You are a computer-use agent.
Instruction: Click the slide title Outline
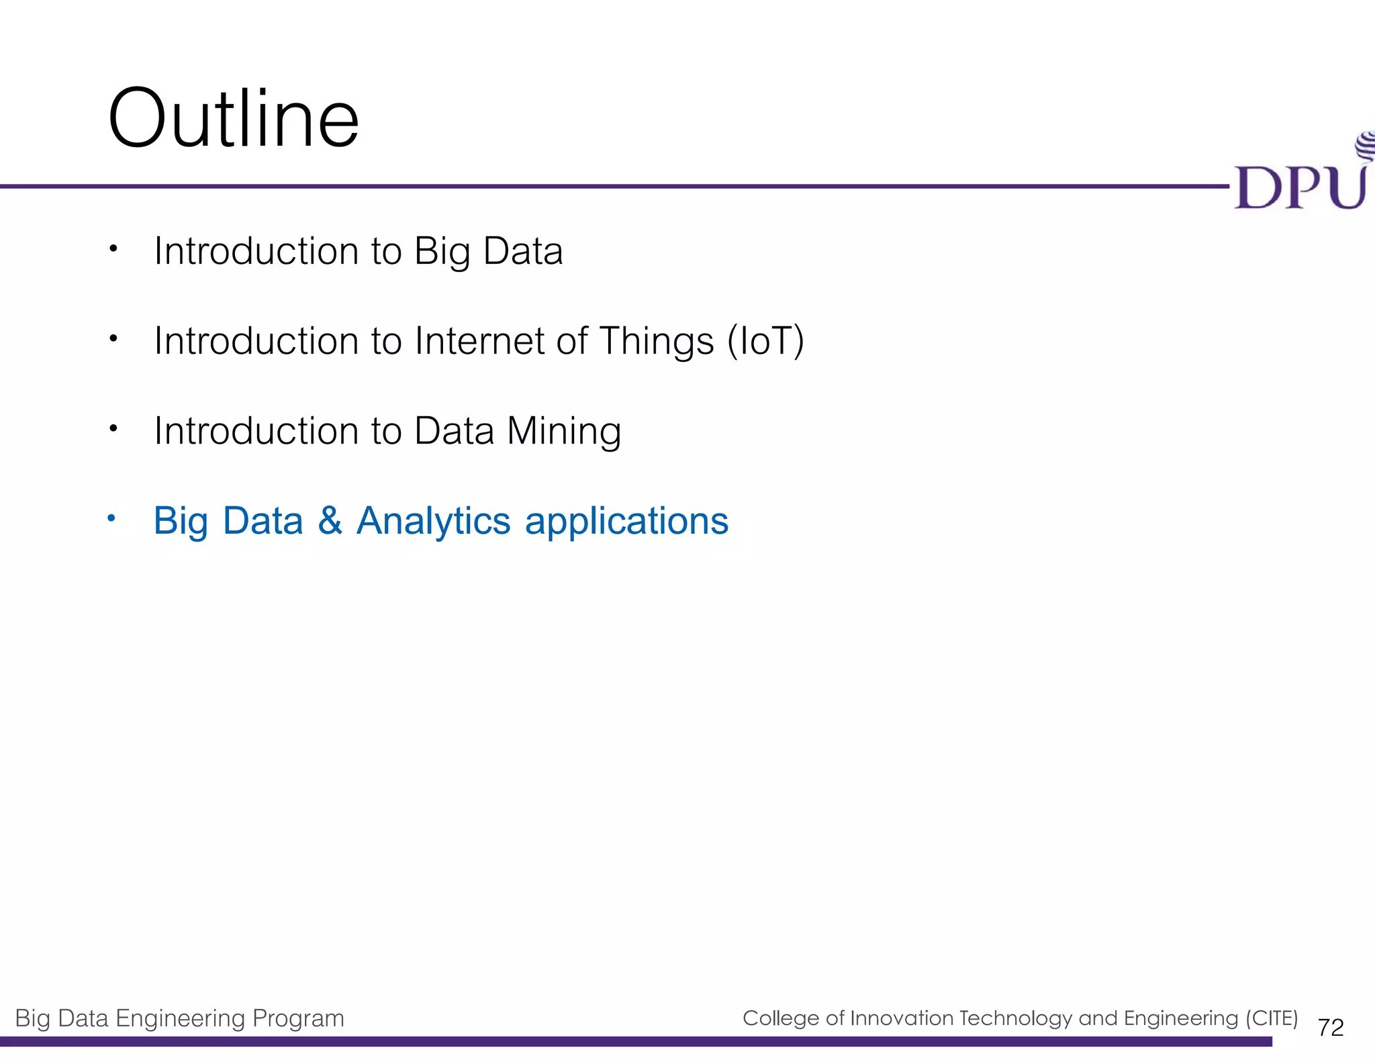click(x=233, y=119)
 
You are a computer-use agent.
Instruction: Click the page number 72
click(x=1330, y=1028)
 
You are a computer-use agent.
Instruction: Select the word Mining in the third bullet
click(x=564, y=431)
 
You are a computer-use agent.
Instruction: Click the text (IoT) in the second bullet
click(x=765, y=341)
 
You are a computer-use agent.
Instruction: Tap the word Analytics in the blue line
click(x=433, y=521)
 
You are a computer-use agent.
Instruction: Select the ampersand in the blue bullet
click(x=330, y=521)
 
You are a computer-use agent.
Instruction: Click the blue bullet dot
click(x=112, y=518)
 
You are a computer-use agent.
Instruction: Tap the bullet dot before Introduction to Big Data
click(x=113, y=249)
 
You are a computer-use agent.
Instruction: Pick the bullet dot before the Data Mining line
click(x=113, y=428)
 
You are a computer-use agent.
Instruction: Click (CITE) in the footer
click(x=1272, y=1018)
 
